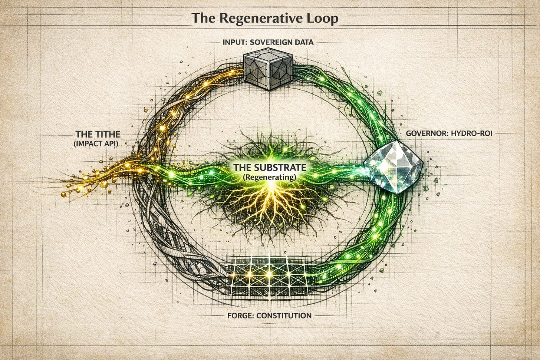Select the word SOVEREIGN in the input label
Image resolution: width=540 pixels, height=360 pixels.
(269, 42)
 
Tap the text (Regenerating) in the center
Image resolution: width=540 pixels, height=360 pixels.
(270, 177)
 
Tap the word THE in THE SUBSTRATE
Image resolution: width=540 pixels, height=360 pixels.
(242, 167)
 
